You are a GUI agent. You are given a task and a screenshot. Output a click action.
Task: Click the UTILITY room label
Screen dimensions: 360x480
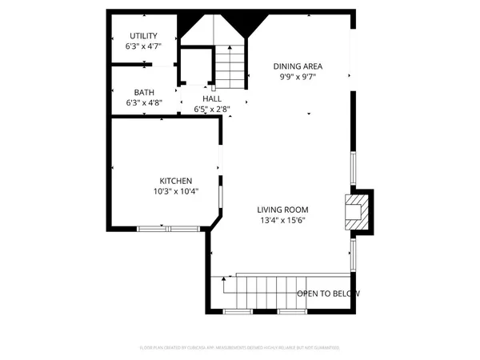tap(143, 36)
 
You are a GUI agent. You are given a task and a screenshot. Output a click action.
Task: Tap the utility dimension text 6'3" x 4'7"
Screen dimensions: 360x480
tap(143, 47)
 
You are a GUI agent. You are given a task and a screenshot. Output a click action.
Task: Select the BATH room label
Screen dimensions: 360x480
tap(144, 92)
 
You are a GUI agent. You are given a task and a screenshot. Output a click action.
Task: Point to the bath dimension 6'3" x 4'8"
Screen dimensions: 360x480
tap(144, 103)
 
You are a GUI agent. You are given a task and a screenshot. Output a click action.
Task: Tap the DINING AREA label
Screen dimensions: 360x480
tap(298, 66)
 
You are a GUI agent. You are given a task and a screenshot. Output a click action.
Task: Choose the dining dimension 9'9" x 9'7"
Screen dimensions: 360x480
tap(298, 78)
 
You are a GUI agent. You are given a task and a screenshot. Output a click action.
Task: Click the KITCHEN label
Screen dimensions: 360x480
tap(175, 181)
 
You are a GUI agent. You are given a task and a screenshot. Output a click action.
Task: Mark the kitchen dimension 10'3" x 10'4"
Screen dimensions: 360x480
tap(175, 192)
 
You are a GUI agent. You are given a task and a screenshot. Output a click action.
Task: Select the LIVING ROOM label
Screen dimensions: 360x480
tap(283, 210)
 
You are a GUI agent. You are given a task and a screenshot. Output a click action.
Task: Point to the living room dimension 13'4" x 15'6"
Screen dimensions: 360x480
tap(283, 221)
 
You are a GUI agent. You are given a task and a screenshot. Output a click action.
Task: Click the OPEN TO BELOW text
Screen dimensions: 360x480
tap(329, 294)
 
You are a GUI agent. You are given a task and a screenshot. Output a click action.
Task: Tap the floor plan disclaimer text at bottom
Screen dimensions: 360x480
tap(240, 348)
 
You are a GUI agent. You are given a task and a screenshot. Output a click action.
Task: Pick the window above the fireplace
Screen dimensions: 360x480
tap(353, 169)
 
